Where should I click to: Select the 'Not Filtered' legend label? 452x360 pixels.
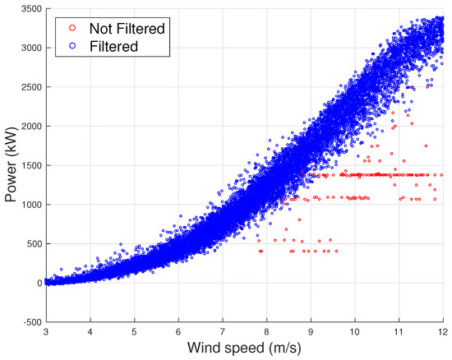pyautogui.click(x=121, y=28)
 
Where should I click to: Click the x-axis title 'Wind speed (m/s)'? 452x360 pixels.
pyautogui.click(x=244, y=349)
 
